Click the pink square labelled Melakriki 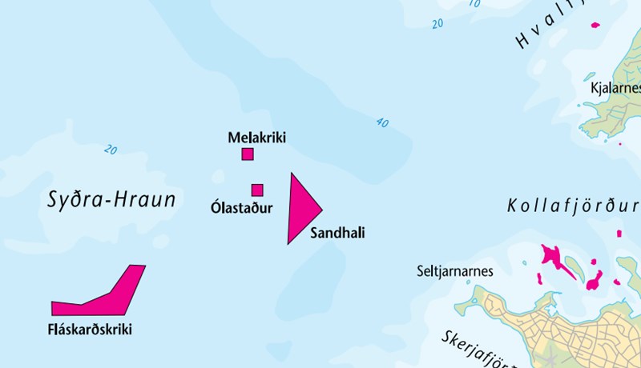pos(248,154)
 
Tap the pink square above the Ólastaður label pos(257,190)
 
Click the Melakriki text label pos(256,138)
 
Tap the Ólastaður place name pos(241,209)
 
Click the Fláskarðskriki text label pos(90,329)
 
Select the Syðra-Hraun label pos(111,200)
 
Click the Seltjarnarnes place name pos(455,271)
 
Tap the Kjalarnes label pos(613,88)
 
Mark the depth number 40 pos(381,123)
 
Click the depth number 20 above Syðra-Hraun pos(110,150)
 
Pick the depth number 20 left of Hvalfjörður pos(437,24)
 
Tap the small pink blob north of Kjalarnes pos(595,25)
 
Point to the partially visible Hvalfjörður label pos(553,28)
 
